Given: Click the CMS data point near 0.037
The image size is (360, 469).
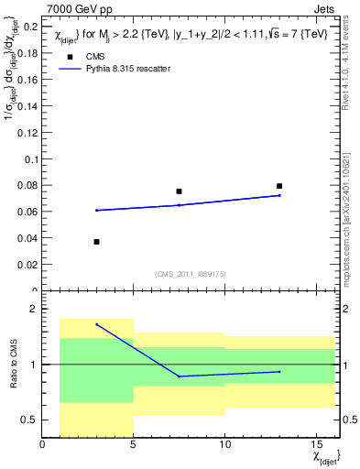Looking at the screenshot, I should [96, 242].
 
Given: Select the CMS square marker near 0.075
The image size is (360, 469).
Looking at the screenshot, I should [179, 191].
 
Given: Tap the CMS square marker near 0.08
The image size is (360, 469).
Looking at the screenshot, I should [279, 186].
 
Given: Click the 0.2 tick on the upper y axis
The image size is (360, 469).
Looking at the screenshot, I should [31, 27].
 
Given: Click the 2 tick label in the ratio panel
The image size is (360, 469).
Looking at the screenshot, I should [34, 310].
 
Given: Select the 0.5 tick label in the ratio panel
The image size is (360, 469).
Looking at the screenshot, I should [30, 420].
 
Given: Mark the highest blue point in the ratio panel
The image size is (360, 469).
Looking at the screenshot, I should [97, 324].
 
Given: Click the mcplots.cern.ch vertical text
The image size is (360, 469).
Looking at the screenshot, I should [352, 220].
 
